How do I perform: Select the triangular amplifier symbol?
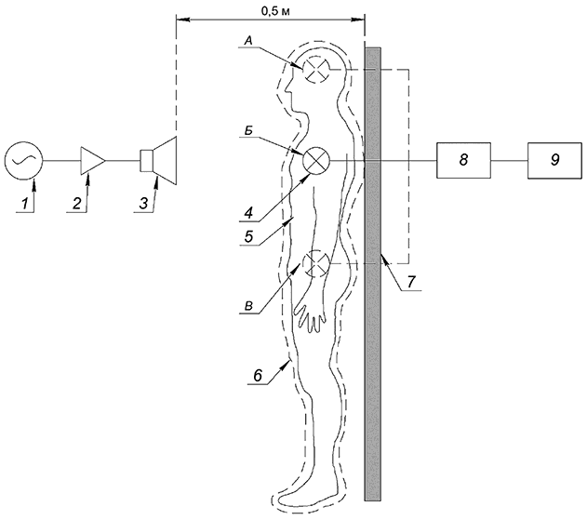94,161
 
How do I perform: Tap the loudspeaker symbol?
159,161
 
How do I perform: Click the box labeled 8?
462,161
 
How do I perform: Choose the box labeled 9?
554,161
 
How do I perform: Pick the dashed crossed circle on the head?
318,68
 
